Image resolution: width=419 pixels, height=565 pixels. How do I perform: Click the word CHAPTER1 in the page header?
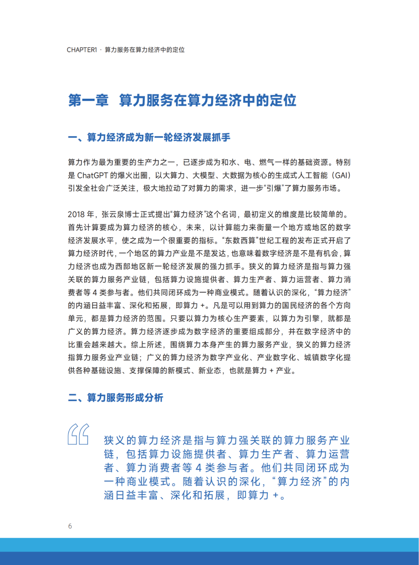click(81, 50)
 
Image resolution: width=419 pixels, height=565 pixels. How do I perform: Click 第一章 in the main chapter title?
click(88, 100)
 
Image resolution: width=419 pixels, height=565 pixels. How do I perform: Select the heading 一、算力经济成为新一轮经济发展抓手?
click(149, 138)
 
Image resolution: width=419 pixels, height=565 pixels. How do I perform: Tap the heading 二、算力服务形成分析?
click(116, 398)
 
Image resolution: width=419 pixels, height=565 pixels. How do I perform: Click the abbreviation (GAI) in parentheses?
click(341, 175)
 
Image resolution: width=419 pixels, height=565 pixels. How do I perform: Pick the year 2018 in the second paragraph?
click(76, 214)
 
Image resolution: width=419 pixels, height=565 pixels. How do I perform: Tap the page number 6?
click(70, 526)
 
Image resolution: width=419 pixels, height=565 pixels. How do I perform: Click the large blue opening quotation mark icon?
click(78, 434)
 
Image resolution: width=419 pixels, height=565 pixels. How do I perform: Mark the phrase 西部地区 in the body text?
click(138, 267)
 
